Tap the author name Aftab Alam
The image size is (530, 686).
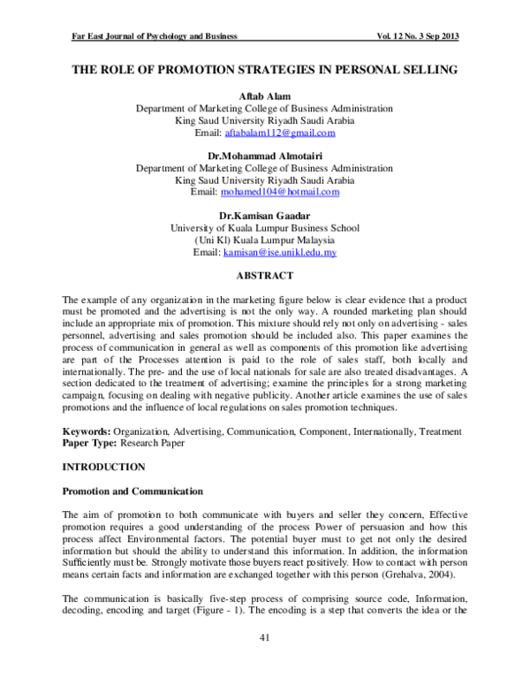(x=264, y=95)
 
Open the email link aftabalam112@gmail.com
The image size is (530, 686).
(x=280, y=133)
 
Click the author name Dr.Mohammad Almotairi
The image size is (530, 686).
(x=264, y=155)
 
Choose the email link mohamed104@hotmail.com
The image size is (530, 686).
(x=280, y=192)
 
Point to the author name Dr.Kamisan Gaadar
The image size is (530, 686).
(x=264, y=215)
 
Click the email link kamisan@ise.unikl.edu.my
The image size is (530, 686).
(x=279, y=252)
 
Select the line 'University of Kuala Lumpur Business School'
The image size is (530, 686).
(x=264, y=227)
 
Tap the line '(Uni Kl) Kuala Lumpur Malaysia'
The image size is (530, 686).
(x=264, y=240)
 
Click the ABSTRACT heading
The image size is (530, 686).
(x=264, y=275)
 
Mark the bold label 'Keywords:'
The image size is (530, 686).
(x=86, y=431)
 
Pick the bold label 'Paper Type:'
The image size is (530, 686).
(x=89, y=443)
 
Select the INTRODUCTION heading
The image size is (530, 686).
(x=102, y=466)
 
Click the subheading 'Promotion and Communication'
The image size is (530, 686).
(x=132, y=491)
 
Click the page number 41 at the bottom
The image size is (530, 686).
(x=264, y=638)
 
